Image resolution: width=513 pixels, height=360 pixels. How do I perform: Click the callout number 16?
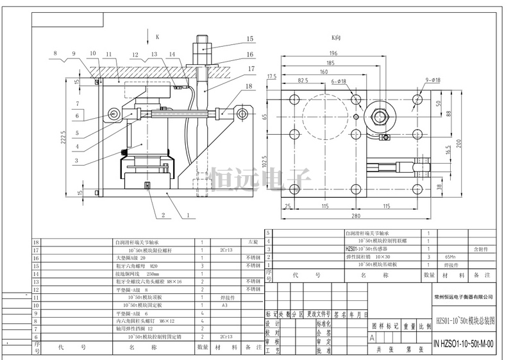250,55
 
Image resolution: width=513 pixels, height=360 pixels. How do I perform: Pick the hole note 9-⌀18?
432,80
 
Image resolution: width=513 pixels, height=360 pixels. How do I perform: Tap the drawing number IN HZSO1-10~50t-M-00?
464,343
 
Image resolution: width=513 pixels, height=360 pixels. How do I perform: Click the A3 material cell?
226,306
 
